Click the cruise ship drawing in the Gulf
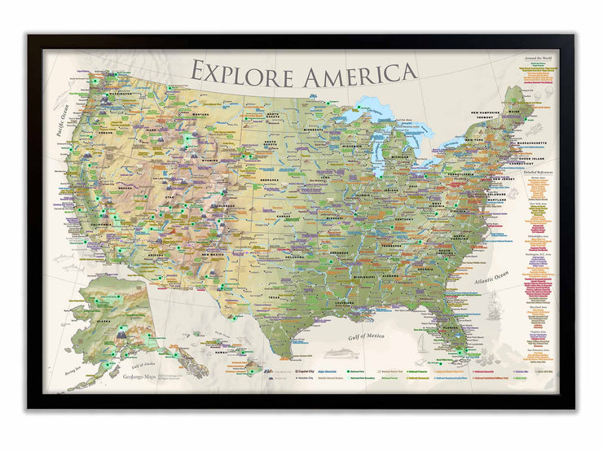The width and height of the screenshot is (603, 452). click(341, 353)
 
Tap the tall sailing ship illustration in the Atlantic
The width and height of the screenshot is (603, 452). click(493, 307)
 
